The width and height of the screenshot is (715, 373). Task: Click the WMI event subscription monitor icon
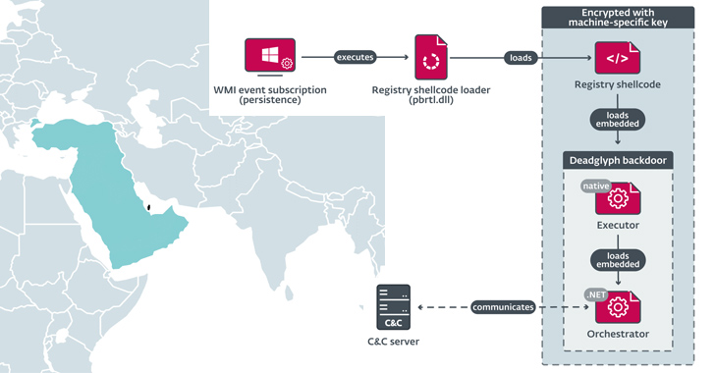click(x=270, y=58)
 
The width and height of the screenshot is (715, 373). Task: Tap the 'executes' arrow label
click(x=355, y=57)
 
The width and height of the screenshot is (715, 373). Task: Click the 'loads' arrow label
click(x=520, y=57)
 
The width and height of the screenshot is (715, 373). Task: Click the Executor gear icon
click(x=618, y=198)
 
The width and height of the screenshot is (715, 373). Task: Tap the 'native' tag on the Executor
click(x=595, y=186)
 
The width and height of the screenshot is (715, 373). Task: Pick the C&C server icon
click(x=393, y=307)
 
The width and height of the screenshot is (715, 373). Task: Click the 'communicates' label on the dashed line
click(x=503, y=307)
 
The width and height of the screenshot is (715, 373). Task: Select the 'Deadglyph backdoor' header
click(x=617, y=160)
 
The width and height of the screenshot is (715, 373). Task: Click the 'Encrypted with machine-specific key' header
click(x=617, y=17)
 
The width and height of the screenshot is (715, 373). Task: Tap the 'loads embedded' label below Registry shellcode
click(x=617, y=120)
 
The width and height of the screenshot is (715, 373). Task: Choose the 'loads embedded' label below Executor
click(x=617, y=258)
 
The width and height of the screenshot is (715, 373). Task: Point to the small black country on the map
click(x=145, y=207)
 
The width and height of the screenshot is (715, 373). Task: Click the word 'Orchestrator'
click(x=617, y=335)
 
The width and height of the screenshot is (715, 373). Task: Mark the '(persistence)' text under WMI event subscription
click(x=270, y=101)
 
